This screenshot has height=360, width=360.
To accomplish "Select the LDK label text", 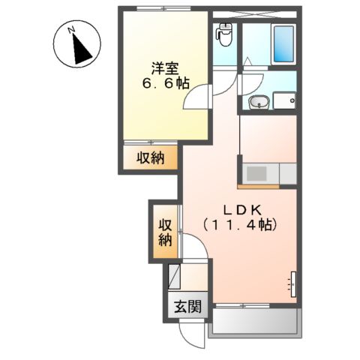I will coord(239,208).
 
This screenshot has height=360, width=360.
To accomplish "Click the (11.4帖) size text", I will coord(239,223).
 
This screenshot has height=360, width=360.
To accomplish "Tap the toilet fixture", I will coord(223,33).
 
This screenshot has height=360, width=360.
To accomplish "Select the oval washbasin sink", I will coord(256,103).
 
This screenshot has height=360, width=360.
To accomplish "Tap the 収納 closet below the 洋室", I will coord(150,157).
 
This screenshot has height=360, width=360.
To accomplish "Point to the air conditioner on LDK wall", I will coord(292,283).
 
